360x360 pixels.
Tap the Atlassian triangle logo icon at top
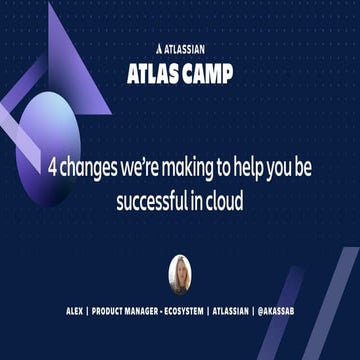(x=161, y=45)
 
